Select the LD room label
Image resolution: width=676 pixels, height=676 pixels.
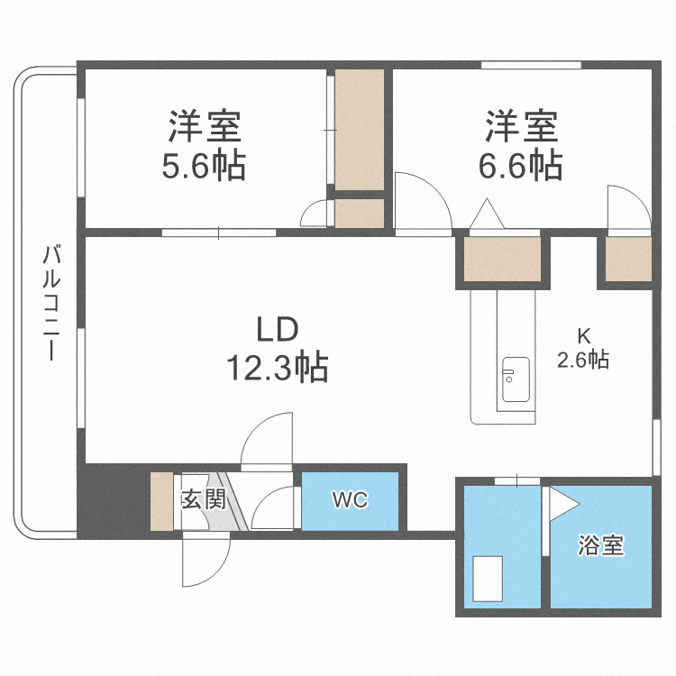point(276,331)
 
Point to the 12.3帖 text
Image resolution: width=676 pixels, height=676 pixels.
point(276,368)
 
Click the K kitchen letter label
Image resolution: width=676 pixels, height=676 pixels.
point(583,335)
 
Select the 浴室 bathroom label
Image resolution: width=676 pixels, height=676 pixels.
point(600,545)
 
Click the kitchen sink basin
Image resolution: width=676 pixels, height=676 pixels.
point(515,381)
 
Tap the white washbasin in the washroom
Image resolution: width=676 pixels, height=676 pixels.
point(489,578)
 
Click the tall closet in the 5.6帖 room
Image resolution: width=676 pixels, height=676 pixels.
point(360,131)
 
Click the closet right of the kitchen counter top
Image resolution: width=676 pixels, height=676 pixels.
point(627,260)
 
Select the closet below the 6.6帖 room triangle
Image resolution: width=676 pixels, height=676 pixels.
point(503,260)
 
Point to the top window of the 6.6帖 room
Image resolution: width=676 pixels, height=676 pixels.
point(531,65)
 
